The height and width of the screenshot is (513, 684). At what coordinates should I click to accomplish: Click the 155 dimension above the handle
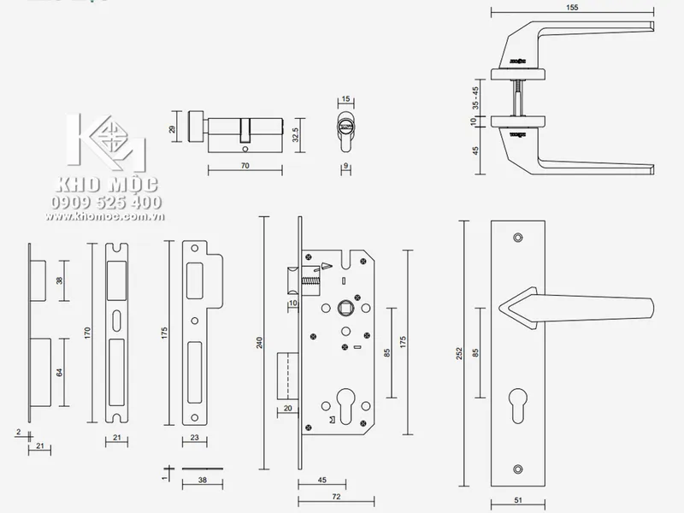click(x=573, y=7)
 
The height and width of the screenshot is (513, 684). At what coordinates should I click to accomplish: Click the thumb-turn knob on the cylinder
click(x=196, y=129)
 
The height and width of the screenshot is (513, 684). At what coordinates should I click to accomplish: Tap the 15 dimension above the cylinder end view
click(x=345, y=100)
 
